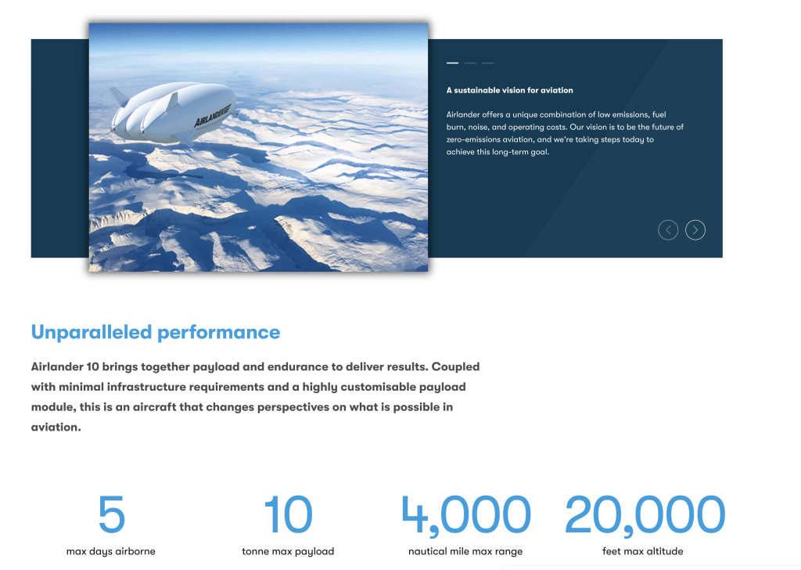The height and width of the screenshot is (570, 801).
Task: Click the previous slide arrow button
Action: click(x=668, y=230)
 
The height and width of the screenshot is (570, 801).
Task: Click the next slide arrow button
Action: click(x=695, y=230)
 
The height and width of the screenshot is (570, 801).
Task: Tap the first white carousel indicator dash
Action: click(x=452, y=63)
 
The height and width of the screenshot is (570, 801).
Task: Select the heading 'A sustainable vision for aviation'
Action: click(x=510, y=91)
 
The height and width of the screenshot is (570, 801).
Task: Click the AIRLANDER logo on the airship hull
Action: click(x=213, y=115)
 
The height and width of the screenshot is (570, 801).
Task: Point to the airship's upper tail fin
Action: click(x=119, y=96)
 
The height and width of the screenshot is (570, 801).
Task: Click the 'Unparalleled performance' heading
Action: click(x=156, y=332)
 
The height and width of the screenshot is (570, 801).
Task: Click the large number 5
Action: click(x=111, y=514)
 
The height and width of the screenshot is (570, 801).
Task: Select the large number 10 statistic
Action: click(x=288, y=514)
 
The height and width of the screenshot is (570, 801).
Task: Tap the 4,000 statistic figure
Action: click(x=466, y=515)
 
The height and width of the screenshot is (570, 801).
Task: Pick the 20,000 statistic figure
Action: click(x=645, y=515)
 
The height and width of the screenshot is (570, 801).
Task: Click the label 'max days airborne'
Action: click(x=111, y=551)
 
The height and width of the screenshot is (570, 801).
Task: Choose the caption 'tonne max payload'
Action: click(x=288, y=551)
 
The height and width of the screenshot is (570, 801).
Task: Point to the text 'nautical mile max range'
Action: click(x=465, y=551)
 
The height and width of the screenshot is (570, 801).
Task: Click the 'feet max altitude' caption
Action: click(x=643, y=551)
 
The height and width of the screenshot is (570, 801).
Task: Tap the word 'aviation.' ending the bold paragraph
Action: click(x=56, y=427)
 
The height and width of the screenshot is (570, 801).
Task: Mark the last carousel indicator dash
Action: click(x=488, y=63)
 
